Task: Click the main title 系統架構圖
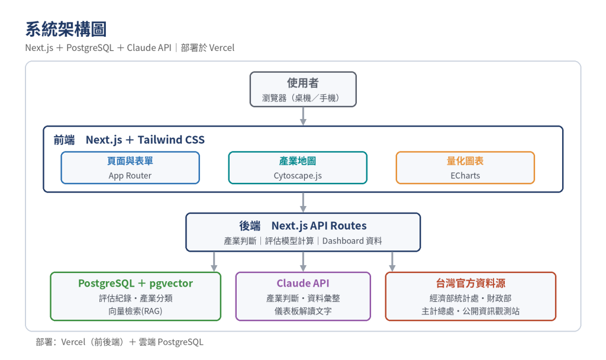point(66,30)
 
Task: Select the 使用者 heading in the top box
point(303,83)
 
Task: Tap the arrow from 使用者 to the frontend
point(303,116)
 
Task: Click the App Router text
point(130,175)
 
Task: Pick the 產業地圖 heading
point(298,161)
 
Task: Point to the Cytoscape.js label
point(298,176)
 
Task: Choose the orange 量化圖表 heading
point(465,161)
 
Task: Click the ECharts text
point(465,175)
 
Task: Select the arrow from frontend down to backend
point(303,202)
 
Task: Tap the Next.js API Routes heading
point(319,226)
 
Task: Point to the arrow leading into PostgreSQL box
point(214,262)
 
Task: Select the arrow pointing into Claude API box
point(303,262)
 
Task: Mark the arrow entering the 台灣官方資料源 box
point(392,262)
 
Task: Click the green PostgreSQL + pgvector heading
point(136,284)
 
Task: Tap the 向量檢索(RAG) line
point(136,311)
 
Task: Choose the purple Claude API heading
point(303,284)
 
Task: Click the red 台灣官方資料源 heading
point(470,284)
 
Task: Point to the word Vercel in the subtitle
point(221,48)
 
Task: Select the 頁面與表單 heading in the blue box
point(130,161)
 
